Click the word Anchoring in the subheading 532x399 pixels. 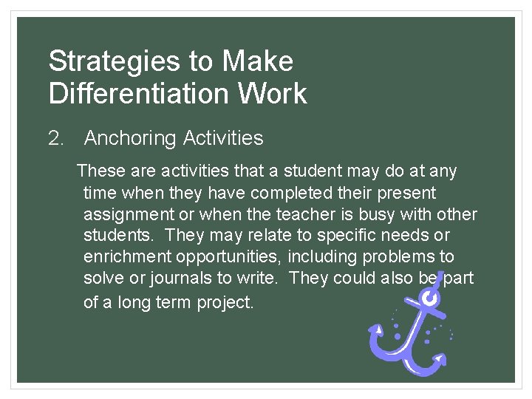click(x=130, y=138)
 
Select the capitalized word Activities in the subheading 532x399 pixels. click(x=222, y=138)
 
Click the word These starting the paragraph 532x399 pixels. click(x=101, y=171)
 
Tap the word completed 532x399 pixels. click(x=288, y=193)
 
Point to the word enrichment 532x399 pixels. click(x=124, y=257)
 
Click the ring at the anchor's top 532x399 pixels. click(x=429, y=298)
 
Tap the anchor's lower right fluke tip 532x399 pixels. click(x=443, y=360)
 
